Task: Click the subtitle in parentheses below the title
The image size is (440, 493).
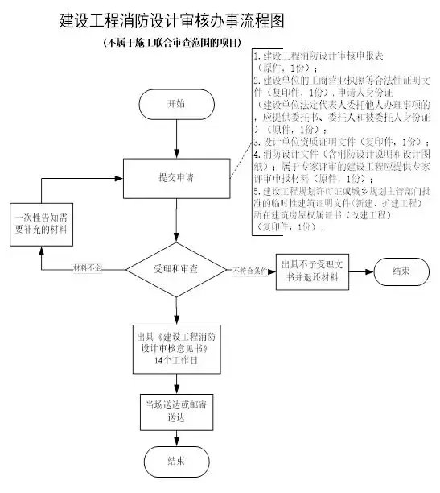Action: click(x=173, y=41)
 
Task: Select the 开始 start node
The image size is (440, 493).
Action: click(x=175, y=105)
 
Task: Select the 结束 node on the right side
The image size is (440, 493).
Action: click(x=399, y=271)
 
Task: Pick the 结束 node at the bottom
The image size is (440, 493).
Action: click(x=175, y=462)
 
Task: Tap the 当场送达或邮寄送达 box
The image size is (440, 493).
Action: click(x=175, y=408)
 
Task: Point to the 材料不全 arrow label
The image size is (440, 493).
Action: click(x=87, y=267)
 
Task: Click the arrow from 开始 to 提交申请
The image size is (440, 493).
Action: click(x=175, y=139)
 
